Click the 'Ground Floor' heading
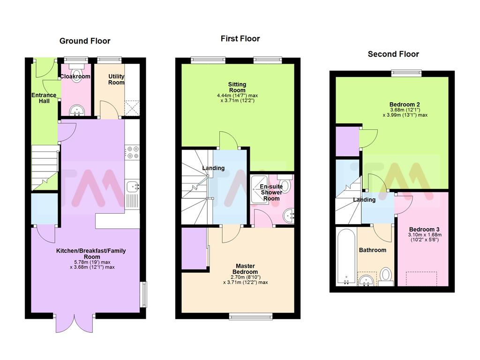85,41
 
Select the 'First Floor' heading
240,38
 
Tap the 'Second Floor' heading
393,54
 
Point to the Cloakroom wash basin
75,111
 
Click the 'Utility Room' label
116,79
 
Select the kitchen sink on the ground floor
132,187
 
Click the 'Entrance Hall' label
44,98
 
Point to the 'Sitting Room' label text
237,87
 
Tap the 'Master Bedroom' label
246,269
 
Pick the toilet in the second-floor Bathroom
385,277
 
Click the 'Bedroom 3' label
421,229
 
